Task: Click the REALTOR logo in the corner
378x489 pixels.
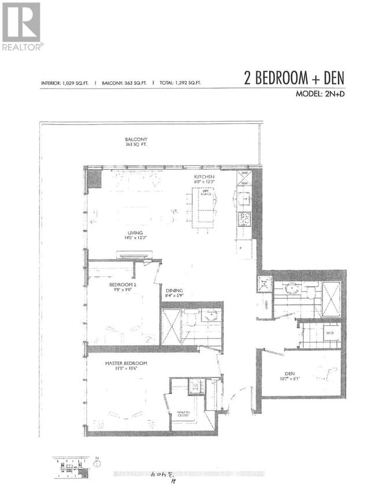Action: point(21,26)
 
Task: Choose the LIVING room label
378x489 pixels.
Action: point(137,233)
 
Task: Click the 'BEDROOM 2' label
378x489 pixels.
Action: point(123,284)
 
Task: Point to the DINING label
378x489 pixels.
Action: point(174,291)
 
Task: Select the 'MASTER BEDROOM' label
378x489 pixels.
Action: point(126,363)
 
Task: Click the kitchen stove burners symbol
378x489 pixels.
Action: point(244,218)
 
